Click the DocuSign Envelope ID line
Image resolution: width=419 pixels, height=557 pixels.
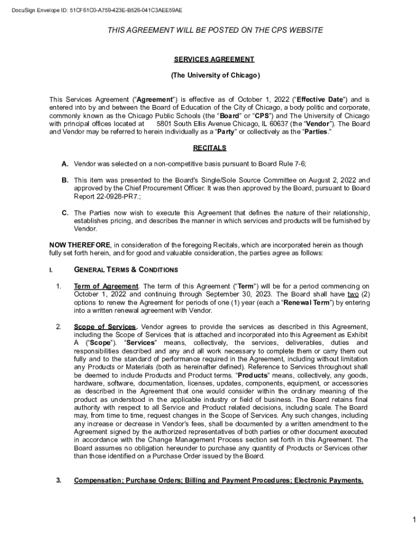93,10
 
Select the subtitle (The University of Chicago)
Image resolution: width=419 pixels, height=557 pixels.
215,76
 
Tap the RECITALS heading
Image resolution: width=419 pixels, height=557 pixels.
209,148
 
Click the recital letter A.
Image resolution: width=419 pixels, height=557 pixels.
65,164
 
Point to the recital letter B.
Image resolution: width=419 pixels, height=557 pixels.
65,180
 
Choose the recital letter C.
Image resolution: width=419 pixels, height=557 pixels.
65,213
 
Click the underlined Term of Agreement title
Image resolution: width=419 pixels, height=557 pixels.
106,286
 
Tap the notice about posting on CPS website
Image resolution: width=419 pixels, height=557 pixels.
215,30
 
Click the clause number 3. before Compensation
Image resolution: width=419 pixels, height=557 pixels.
58,480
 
